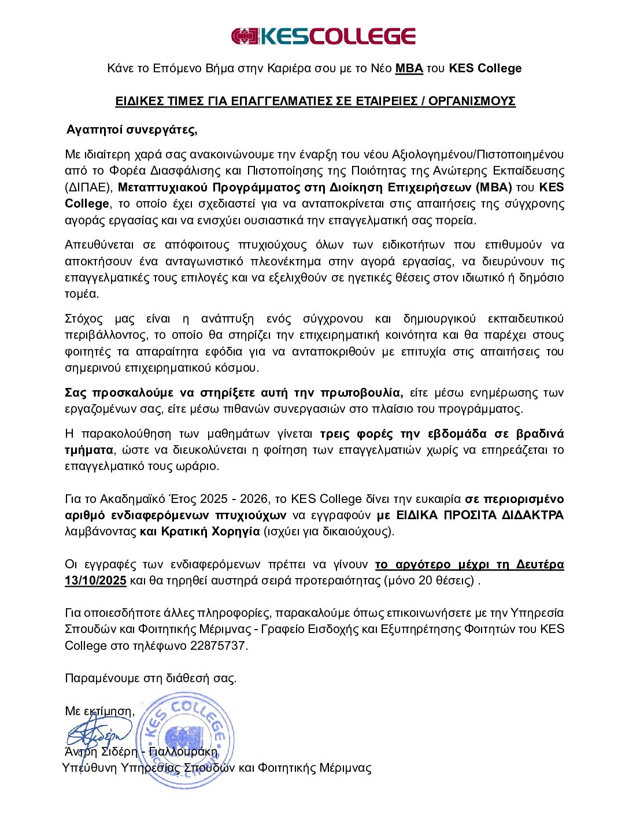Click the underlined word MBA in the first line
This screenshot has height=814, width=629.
[x=409, y=68]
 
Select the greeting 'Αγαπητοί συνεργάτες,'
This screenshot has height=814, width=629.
[x=132, y=129]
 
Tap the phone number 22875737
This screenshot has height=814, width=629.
[x=218, y=646]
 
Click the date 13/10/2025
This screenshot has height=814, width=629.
[x=95, y=580]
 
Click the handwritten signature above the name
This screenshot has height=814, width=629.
[x=98, y=734]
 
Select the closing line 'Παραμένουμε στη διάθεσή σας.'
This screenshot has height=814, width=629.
[x=150, y=679]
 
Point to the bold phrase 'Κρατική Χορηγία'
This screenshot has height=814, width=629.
[x=210, y=531]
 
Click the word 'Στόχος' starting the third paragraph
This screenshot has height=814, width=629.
[x=84, y=319]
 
